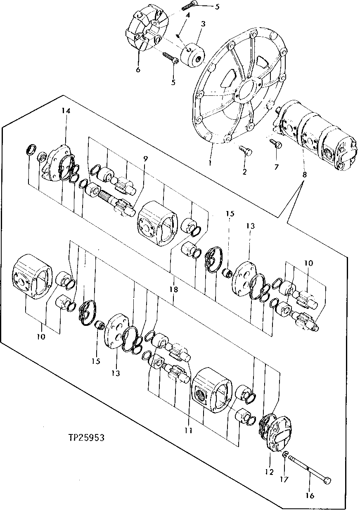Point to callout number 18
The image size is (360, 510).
[174, 289]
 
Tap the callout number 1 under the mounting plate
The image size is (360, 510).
[210, 163]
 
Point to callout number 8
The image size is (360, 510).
[304, 175]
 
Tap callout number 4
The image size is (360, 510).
[187, 15]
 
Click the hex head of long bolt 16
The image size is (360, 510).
[328, 481]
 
